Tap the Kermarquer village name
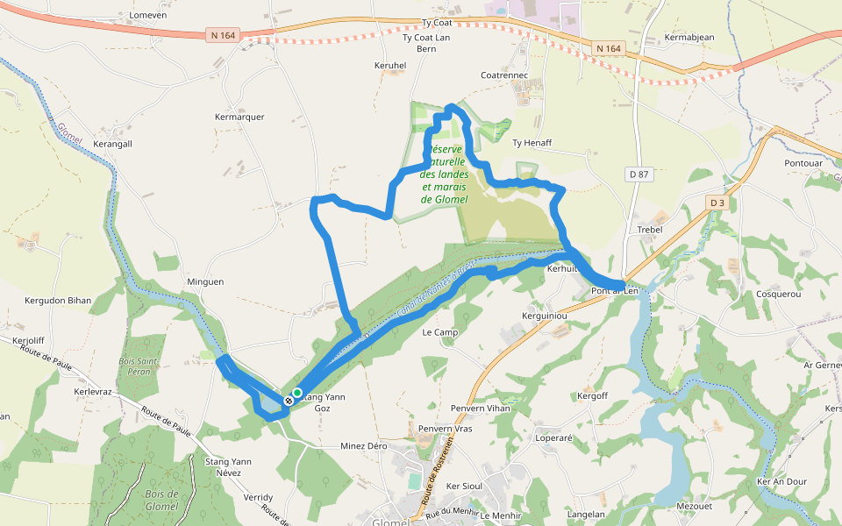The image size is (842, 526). pos(239,117)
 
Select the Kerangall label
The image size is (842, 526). pos(112,143)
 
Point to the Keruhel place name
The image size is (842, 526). pos(390,65)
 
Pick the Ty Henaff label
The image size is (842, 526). pos(532,143)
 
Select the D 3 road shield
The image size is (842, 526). pos(717,203)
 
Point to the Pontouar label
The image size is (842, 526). pos(803,163)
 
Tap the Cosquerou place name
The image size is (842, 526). pos(779,295)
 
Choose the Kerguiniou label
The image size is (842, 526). pos(546,315)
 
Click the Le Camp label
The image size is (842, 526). pos(440,333)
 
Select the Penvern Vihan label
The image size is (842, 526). pos(480,409)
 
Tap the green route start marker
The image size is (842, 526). pos(298,393)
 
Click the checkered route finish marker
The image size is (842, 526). pos(288,401)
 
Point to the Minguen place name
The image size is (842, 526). pos(206,282)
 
